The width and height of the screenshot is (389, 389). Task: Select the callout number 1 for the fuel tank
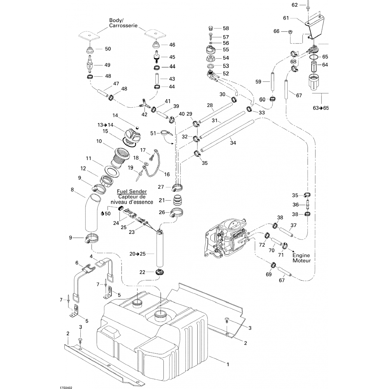(228, 364)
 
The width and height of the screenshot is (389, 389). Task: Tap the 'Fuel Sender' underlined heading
(132, 191)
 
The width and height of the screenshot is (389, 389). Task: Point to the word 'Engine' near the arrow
(301, 255)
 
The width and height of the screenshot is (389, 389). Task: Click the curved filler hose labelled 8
(92, 213)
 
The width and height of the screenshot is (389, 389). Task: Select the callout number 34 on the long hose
(233, 143)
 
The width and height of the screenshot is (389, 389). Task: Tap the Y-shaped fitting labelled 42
(144, 105)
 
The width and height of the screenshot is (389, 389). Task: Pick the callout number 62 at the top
(295, 5)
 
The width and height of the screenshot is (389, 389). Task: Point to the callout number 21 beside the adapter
(162, 200)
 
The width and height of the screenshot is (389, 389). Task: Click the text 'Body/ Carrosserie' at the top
(123, 23)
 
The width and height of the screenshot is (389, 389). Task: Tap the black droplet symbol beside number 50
(102, 213)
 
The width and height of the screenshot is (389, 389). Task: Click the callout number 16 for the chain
(167, 175)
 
